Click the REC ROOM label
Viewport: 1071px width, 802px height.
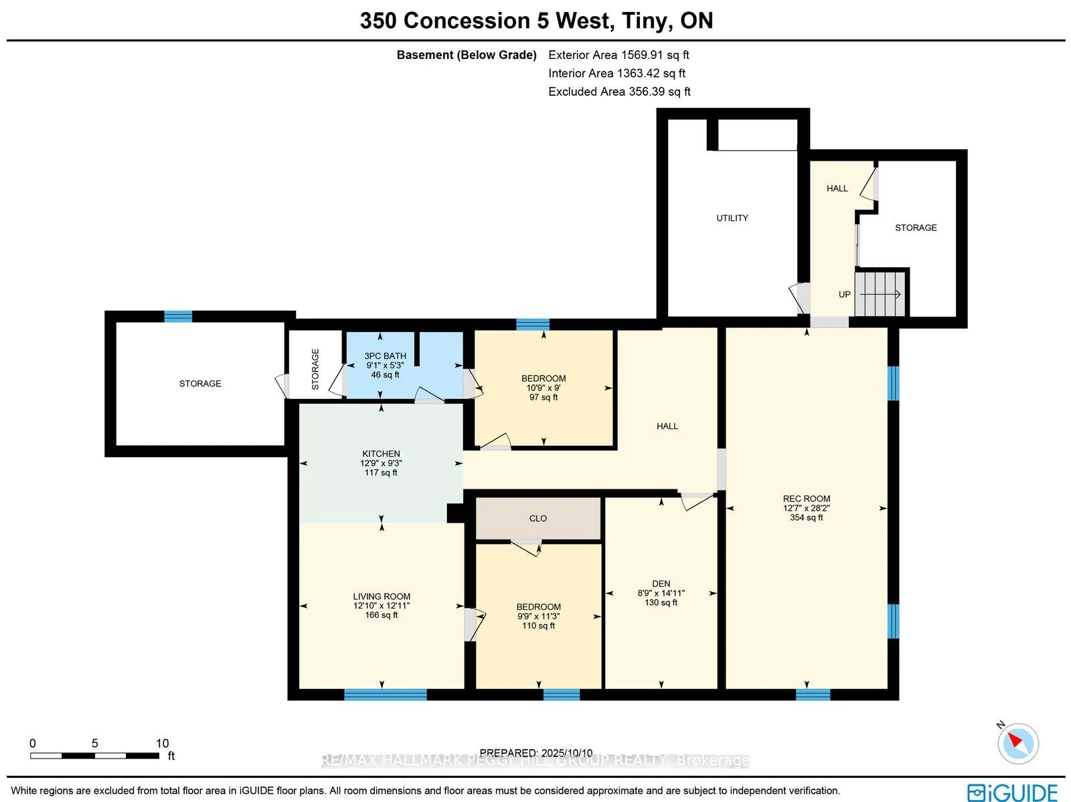(806, 499)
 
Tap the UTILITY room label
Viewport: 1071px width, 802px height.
(732, 218)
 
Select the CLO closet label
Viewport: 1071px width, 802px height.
(538, 519)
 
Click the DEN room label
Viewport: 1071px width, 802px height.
(661, 584)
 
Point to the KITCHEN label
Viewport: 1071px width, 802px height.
(381, 454)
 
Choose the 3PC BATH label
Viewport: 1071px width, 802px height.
(385, 356)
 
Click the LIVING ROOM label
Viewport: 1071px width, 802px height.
(382, 596)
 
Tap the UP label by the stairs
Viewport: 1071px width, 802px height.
(844, 295)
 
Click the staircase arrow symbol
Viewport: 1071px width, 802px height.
(880, 295)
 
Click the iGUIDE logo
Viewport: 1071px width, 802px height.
(1013, 792)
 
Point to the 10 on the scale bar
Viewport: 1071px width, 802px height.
(162, 743)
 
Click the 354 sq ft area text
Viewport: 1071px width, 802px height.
(806, 517)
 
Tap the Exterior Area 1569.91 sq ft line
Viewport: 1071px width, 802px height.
(619, 55)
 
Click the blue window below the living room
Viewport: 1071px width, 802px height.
(386, 694)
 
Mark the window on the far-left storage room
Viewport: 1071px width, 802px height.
(178, 316)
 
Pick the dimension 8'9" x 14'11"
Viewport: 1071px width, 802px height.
(661, 593)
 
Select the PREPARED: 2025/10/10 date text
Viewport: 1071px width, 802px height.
(535, 752)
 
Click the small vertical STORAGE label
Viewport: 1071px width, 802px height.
(315, 370)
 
